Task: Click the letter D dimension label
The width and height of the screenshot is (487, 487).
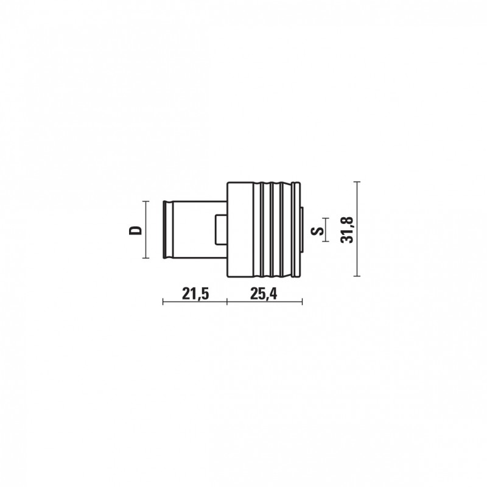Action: tap(135, 230)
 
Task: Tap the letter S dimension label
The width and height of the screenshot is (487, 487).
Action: tap(317, 231)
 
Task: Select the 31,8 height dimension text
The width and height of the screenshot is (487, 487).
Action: tap(348, 229)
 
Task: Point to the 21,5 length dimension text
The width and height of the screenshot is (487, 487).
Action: tap(195, 293)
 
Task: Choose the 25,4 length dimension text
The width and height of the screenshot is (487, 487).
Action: tap(264, 293)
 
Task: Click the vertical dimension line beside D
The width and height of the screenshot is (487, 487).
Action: tap(145, 229)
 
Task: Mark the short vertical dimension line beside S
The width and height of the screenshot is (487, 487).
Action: tap(326, 229)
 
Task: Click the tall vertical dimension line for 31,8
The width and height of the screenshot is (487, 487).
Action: tap(357, 229)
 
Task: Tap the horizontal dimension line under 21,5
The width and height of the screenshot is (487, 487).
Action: tap(195, 301)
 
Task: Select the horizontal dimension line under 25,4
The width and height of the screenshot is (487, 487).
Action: tap(265, 301)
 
